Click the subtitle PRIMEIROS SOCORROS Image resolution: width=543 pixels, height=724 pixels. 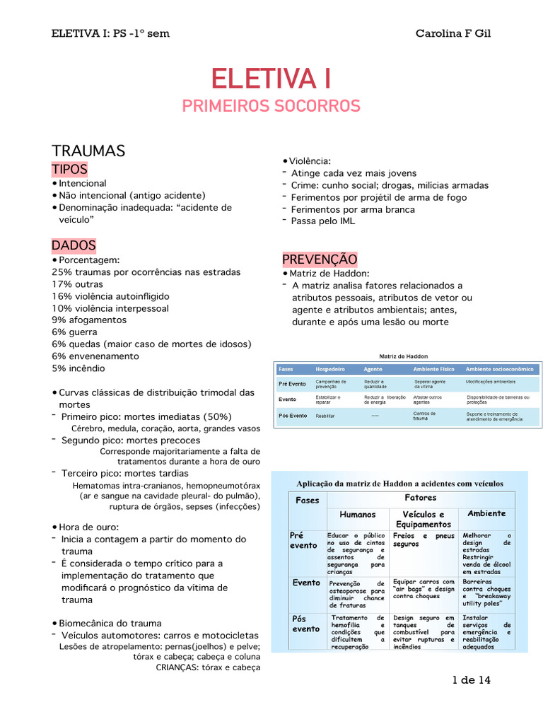tap(271, 106)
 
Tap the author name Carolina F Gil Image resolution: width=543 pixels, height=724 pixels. tap(452, 33)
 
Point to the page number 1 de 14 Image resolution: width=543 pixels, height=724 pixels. tap(472, 680)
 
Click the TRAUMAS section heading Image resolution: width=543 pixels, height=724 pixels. tap(88, 151)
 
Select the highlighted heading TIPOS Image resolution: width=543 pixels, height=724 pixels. tap(69, 170)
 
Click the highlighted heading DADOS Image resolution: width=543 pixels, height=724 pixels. tap(74, 245)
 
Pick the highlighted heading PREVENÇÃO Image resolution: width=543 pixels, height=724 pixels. tap(320, 259)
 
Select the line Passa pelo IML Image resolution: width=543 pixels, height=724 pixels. tap(324, 221)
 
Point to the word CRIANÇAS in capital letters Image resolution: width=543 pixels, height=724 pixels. tap(177, 667)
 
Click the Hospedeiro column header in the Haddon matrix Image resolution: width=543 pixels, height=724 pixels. tap(329, 369)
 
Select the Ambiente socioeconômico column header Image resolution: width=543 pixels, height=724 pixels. tap(500, 369)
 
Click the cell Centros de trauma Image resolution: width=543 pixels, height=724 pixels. tap(424, 416)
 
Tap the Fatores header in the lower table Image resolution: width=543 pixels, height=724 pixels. tap(420, 498)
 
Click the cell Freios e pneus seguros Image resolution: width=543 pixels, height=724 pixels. tap(424, 540)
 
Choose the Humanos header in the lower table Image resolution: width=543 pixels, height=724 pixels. tap(357, 514)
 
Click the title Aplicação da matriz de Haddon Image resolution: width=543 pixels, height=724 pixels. tap(399, 484)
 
